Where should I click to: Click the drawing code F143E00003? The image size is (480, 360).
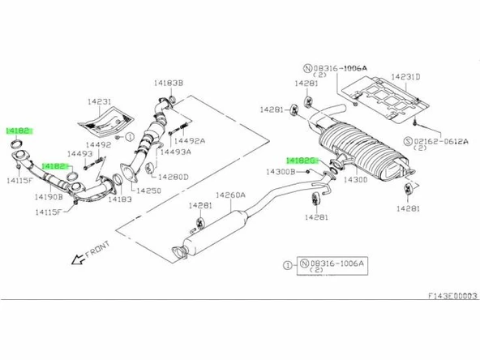point(452,297)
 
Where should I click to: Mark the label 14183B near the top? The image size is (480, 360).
point(168,83)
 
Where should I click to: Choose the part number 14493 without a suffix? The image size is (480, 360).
point(78,153)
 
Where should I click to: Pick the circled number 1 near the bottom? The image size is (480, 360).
point(287,263)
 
